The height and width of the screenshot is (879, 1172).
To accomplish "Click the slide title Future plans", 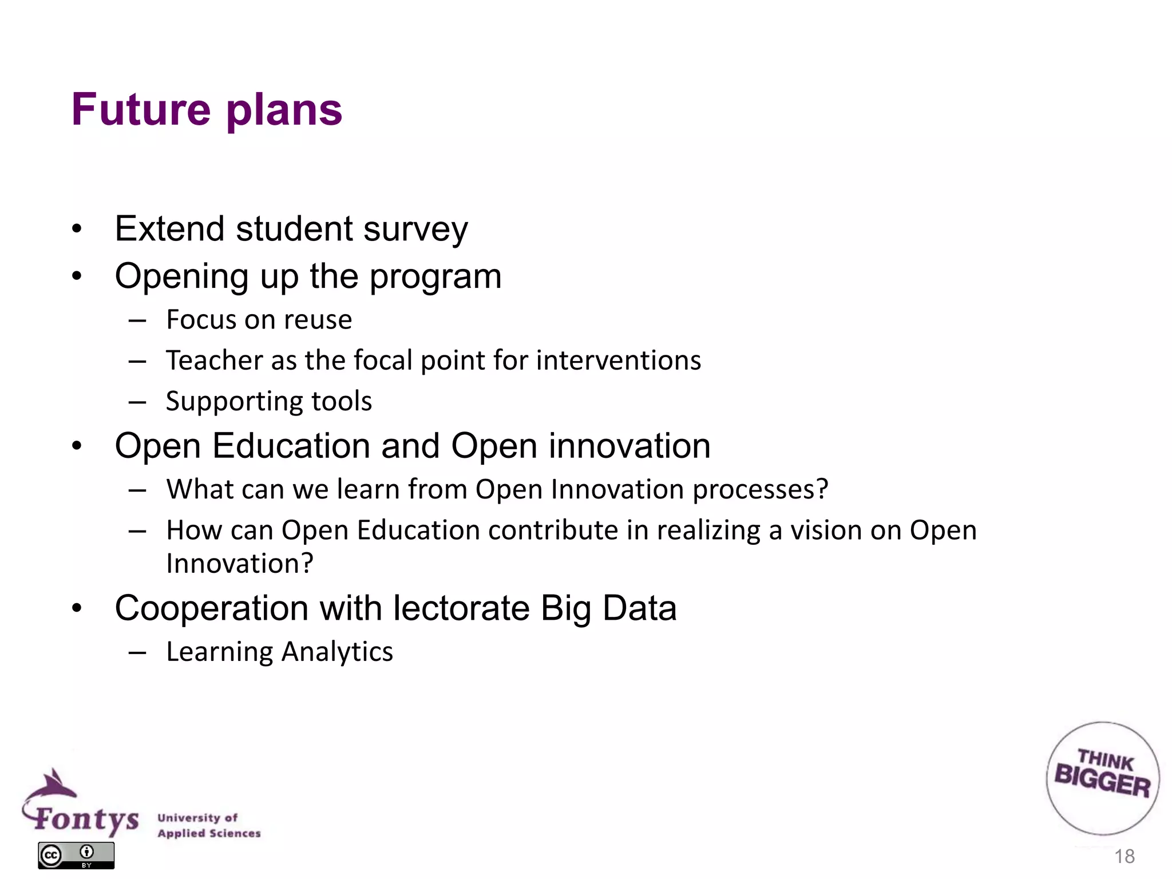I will (207, 110).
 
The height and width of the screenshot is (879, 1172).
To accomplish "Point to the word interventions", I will (619, 361).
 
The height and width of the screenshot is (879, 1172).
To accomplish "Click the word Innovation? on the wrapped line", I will (240, 564).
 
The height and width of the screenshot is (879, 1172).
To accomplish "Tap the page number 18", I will (1124, 857).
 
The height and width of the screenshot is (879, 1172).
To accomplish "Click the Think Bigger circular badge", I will (1102, 778).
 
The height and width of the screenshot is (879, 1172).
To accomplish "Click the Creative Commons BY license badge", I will (76, 856).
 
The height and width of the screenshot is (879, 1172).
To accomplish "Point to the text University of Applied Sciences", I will (209, 825).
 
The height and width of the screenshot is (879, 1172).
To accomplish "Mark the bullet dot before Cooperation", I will (77, 608).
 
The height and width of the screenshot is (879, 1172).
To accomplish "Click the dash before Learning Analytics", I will (137, 652).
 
